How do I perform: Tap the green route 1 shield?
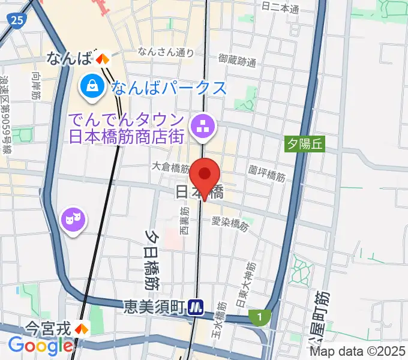click(x=259, y=316)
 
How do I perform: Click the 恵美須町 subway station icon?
click(x=196, y=307)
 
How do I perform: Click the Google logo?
click(x=40, y=346)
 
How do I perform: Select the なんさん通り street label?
click(x=166, y=52)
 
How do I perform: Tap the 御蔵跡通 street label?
click(x=238, y=60)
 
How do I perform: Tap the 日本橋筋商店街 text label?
click(x=125, y=136)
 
